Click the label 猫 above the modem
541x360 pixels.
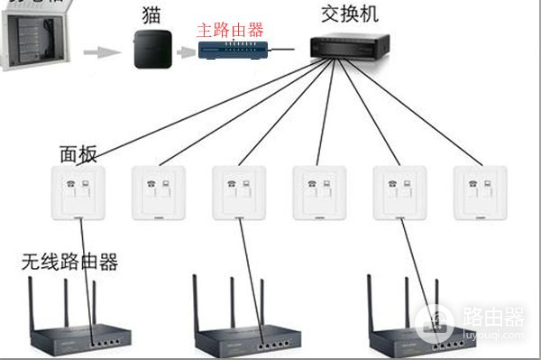click(x=151, y=15)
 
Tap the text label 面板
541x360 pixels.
click(x=78, y=153)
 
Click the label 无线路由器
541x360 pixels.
click(x=69, y=262)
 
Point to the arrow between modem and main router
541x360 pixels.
click(x=184, y=51)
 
